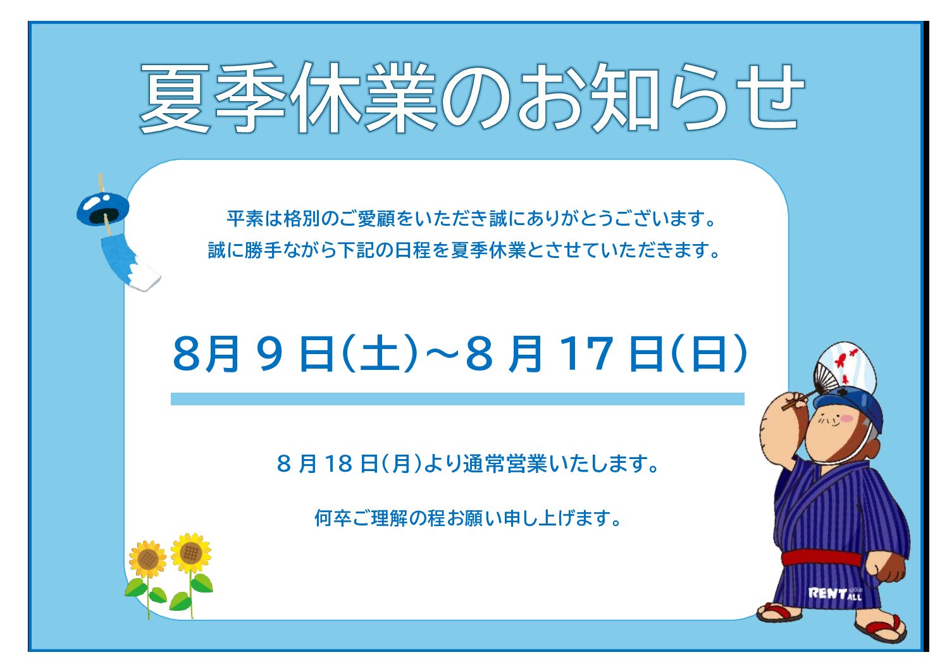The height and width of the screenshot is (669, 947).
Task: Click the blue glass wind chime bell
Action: click(x=102, y=209)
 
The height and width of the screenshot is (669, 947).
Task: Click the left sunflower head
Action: click(x=147, y=560)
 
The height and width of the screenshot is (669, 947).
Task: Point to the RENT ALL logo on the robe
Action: click(x=834, y=594)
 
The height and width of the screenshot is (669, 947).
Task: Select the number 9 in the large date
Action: click(x=269, y=353)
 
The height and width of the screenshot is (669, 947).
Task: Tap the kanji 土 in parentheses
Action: click(x=380, y=353)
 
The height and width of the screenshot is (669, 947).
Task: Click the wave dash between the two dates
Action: click(x=442, y=353)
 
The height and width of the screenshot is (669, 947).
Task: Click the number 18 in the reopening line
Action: click(x=338, y=463)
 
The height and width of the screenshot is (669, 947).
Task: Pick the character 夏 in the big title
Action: click(x=175, y=98)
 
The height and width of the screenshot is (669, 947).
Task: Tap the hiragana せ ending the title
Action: click(x=771, y=98)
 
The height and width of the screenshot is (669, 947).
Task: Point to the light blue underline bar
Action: click(x=457, y=399)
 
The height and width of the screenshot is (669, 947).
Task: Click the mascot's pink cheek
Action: click(x=847, y=419)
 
